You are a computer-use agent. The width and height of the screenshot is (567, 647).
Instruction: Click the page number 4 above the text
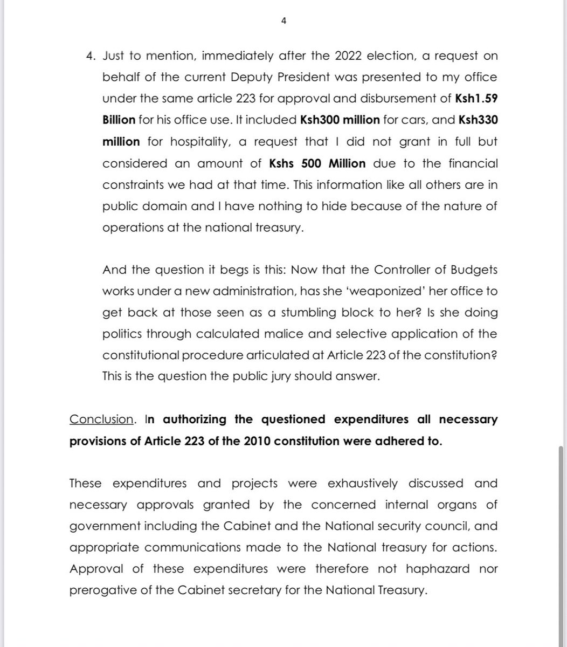click(x=283, y=21)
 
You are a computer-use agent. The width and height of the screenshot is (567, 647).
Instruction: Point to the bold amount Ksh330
click(x=478, y=120)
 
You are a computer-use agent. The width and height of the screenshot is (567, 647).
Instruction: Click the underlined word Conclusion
click(x=101, y=419)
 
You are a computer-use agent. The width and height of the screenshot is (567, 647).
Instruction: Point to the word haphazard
click(x=437, y=569)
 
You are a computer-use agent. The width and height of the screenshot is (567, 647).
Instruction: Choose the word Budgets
click(x=471, y=269)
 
